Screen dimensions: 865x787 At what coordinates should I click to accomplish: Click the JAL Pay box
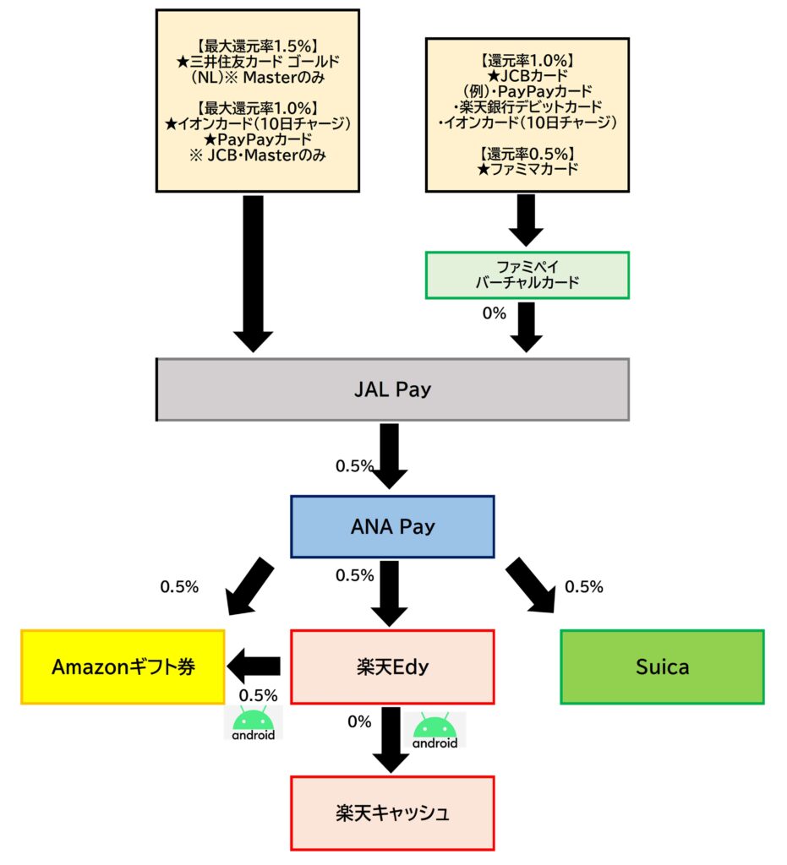[392, 389]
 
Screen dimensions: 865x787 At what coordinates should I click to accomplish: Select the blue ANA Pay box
[392, 527]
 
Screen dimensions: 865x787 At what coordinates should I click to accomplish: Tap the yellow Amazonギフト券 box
[123, 667]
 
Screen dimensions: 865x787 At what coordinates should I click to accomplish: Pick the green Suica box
[662, 667]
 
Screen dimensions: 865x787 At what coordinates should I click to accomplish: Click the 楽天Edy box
[392, 667]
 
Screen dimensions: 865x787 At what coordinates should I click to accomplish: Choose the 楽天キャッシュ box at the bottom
[392, 813]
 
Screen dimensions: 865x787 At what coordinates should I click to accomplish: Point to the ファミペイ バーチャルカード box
[527, 275]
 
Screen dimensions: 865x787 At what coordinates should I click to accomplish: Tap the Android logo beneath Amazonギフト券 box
[253, 723]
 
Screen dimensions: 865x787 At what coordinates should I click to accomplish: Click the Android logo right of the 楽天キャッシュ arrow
[435, 731]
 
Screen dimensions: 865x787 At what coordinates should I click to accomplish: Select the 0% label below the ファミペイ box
[493, 313]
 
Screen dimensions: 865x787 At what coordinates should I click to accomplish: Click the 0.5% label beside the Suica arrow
[583, 587]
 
